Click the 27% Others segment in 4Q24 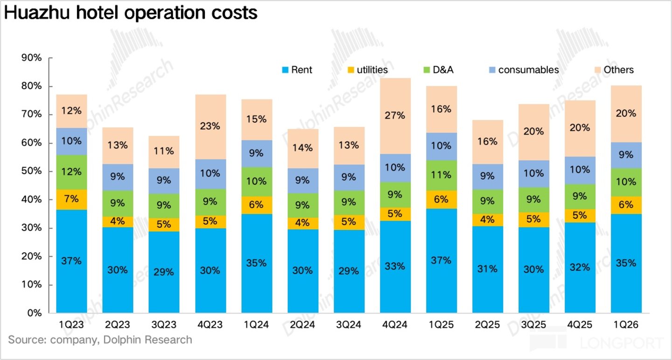395,116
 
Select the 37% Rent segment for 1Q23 72,261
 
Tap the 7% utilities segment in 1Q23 72,200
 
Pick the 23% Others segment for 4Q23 210,127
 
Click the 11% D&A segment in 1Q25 441,176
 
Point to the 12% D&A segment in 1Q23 72,172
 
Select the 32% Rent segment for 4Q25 580,268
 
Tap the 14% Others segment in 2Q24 303,148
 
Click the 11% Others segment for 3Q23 164,152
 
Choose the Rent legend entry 297,70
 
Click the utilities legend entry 368,70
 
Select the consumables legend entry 524,70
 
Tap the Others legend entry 614,70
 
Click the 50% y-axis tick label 31,171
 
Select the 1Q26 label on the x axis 626,325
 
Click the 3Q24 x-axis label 349,325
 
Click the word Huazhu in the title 37,13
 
